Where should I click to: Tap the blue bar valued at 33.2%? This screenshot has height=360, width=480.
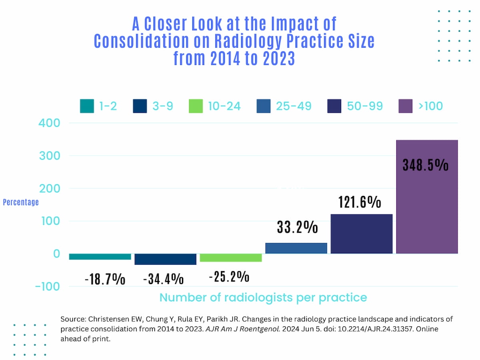click(x=296, y=248)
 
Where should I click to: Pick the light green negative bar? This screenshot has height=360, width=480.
click(x=231, y=258)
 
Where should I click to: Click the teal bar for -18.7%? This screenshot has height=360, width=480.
click(x=100, y=257)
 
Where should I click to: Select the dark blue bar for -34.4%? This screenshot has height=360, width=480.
click(x=165, y=259)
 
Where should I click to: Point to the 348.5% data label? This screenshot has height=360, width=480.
click(x=425, y=165)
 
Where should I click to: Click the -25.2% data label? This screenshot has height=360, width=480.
click(x=229, y=276)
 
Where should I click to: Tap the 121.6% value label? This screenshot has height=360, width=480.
click(x=360, y=202)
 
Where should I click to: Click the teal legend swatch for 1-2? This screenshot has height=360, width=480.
click(x=87, y=106)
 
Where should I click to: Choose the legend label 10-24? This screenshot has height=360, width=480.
click(x=224, y=106)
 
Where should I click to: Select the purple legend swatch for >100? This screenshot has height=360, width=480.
click(x=406, y=106)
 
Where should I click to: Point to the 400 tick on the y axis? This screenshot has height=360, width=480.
click(x=50, y=123)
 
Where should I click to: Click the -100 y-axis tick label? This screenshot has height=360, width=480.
click(x=47, y=286)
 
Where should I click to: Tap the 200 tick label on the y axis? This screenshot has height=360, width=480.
click(x=50, y=188)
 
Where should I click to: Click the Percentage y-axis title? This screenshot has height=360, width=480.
click(x=21, y=202)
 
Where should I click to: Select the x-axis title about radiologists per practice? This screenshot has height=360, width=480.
click(x=263, y=298)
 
